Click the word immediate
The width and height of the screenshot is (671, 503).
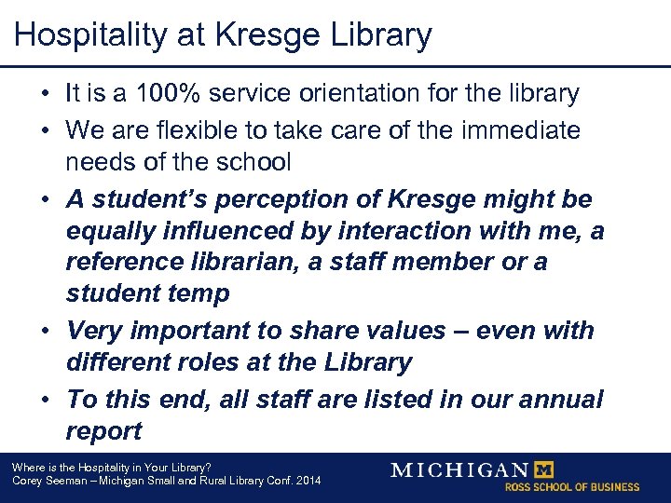pos(517,130)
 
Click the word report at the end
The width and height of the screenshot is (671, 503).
pos(103,431)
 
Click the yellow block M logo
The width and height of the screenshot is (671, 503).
pos(546,469)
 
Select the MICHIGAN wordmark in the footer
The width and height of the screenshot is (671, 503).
pos(459,469)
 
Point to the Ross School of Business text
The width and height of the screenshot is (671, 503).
pos(572,487)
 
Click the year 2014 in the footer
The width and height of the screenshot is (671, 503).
pos(307,481)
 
